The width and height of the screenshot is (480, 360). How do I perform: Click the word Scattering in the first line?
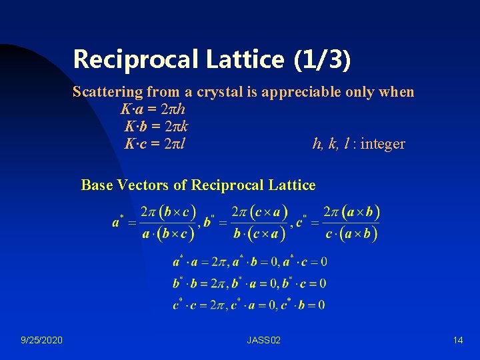click(107, 92)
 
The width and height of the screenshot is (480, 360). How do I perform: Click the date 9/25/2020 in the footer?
click(41, 341)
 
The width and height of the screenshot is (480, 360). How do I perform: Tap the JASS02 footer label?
click(263, 341)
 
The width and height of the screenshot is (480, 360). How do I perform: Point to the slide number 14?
click(457, 341)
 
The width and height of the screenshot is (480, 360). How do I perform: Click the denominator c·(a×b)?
click(351, 234)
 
